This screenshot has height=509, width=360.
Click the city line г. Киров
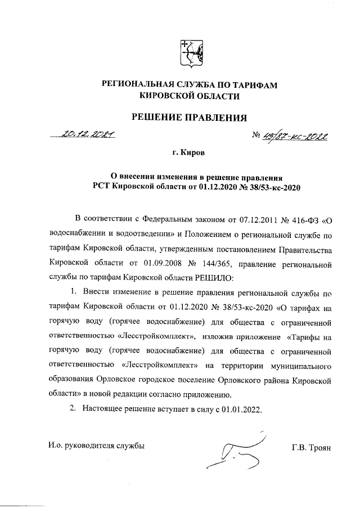pyautogui.click(x=189, y=152)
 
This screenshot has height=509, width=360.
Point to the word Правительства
pyautogui.click(x=305, y=247)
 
